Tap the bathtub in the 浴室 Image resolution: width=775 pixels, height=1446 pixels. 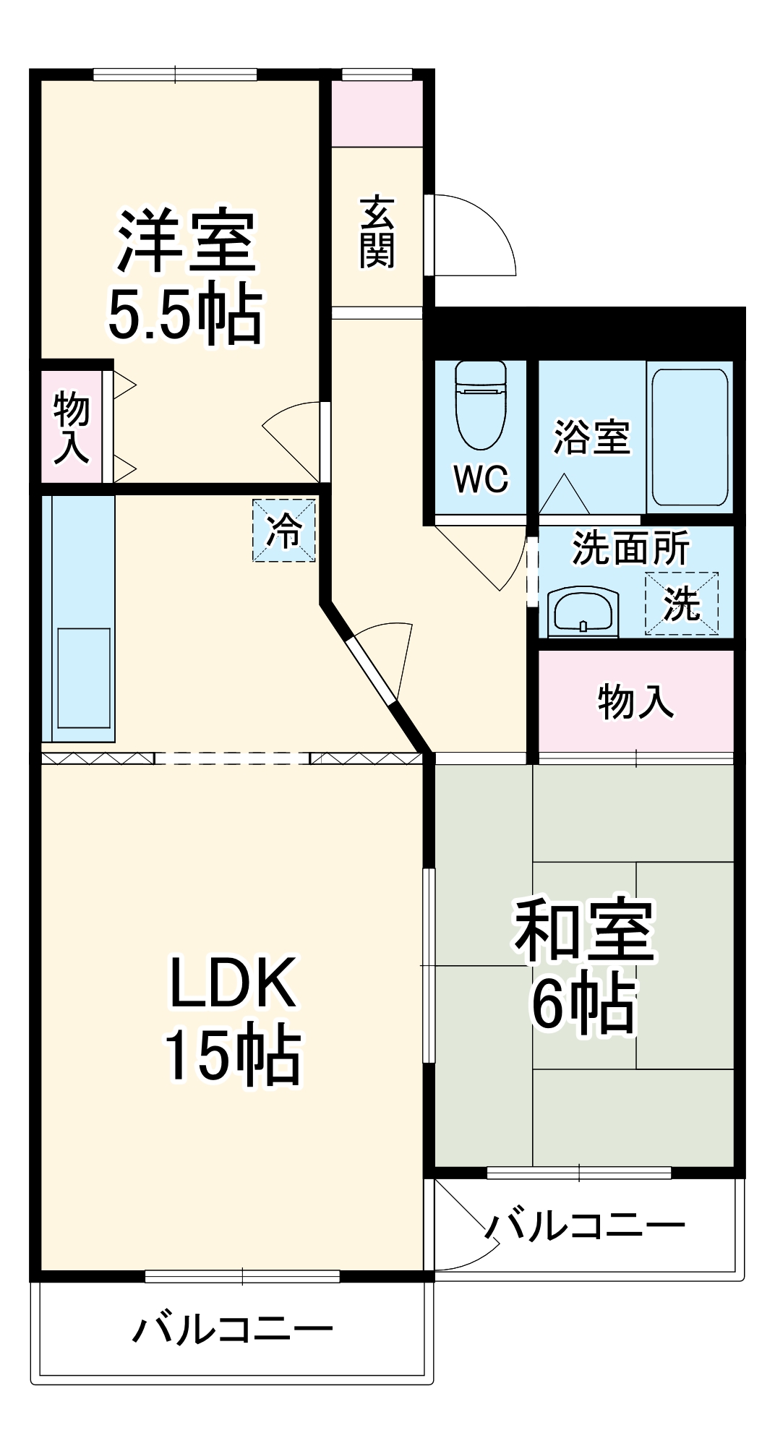[689, 437]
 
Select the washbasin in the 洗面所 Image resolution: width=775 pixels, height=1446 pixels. [583, 612]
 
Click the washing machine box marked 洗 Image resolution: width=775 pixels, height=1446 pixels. [681, 604]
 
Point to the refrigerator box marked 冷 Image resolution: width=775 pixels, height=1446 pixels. [284, 530]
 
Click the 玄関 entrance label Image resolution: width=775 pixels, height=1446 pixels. [377, 231]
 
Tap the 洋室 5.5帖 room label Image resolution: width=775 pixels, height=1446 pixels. [185, 275]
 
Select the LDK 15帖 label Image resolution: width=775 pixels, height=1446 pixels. [233, 1019]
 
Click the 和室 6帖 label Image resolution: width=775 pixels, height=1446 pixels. [584, 965]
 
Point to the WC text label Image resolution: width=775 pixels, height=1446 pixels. [481, 479]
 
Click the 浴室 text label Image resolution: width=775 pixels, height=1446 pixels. [591, 437]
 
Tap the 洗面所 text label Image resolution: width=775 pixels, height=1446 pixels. [630, 548]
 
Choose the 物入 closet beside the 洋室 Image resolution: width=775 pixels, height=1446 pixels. [71, 427]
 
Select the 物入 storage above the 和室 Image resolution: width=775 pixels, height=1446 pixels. [635, 701]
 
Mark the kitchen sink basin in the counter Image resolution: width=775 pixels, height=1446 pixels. [84, 677]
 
